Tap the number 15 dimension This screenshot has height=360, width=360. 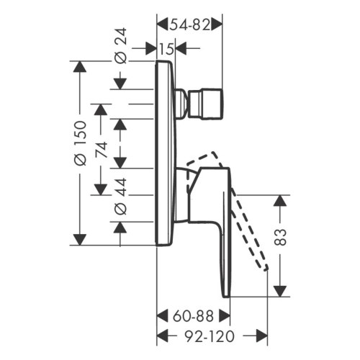166,48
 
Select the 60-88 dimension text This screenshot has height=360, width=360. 193,315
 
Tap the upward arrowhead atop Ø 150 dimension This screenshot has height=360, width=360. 80,68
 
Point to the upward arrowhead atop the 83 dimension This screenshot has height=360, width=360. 281,202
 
